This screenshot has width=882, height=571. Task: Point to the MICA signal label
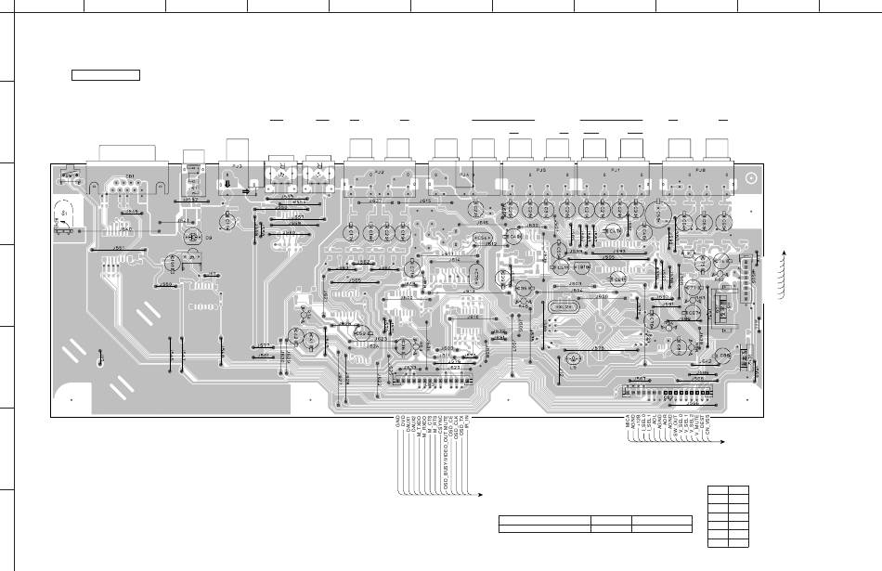coord(629,422)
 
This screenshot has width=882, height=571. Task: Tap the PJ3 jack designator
coord(238,166)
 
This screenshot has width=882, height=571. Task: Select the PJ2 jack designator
coord(379,172)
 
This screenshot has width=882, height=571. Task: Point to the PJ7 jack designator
coord(616,171)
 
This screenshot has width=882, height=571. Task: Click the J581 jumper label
coord(119,249)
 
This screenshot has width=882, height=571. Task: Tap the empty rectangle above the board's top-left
coord(106,74)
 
